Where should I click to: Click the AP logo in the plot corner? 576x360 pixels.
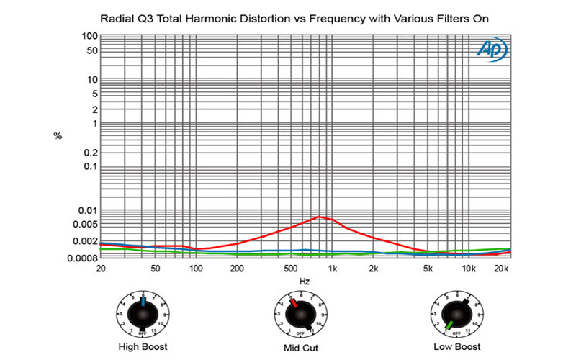[x=493, y=48]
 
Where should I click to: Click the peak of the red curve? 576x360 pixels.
[x=319, y=216]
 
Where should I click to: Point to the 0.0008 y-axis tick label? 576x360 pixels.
[x=81, y=257]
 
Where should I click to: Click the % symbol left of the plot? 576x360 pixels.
[x=58, y=135]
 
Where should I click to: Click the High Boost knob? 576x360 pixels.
[x=144, y=314]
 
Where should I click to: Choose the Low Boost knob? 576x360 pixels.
[x=456, y=314]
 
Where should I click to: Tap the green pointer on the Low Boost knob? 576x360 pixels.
[x=450, y=325]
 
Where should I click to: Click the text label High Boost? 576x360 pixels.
[x=143, y=347]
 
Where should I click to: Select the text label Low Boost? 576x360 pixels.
[x=456, y=347]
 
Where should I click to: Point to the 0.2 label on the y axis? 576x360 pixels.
[x=89, y=153]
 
